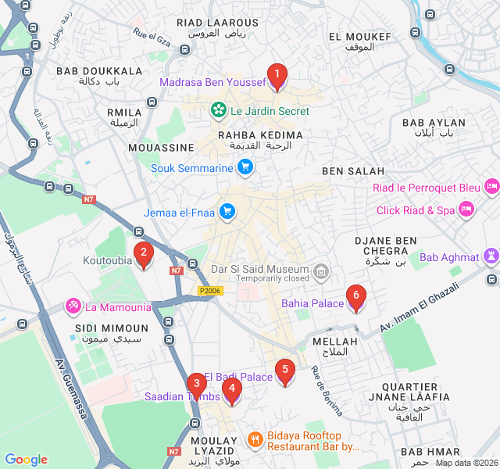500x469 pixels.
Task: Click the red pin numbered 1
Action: pos(277,76)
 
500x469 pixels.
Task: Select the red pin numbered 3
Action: pos(196,384)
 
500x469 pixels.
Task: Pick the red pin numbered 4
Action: pos(231,388)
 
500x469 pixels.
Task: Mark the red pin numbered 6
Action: pos(356,296)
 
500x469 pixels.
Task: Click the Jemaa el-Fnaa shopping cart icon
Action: pos(227,212)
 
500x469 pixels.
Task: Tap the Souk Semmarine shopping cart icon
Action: pos(245,167)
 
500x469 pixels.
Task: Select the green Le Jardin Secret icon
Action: pos(219,111)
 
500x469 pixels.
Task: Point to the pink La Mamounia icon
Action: pos(73,306)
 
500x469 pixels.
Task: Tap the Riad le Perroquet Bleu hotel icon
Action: pos(491,187)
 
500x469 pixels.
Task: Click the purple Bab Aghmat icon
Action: pos(491,256)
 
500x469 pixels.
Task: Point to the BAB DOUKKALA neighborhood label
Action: pos(99,71)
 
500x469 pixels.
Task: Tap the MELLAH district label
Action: pos(334,342)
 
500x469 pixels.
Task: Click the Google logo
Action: pos(26,460)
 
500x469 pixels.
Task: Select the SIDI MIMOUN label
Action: pos(111,328)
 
